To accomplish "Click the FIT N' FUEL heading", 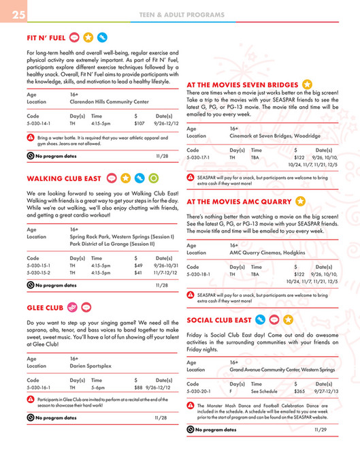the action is click(46, 37).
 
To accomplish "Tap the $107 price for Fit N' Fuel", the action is click(139, 124).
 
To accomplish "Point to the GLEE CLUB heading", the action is click(45, 306).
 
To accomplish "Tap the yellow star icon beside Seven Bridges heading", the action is click(308, 84).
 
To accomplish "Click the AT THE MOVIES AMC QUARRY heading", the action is click(240, 202).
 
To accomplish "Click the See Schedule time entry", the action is click(264, 392).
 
